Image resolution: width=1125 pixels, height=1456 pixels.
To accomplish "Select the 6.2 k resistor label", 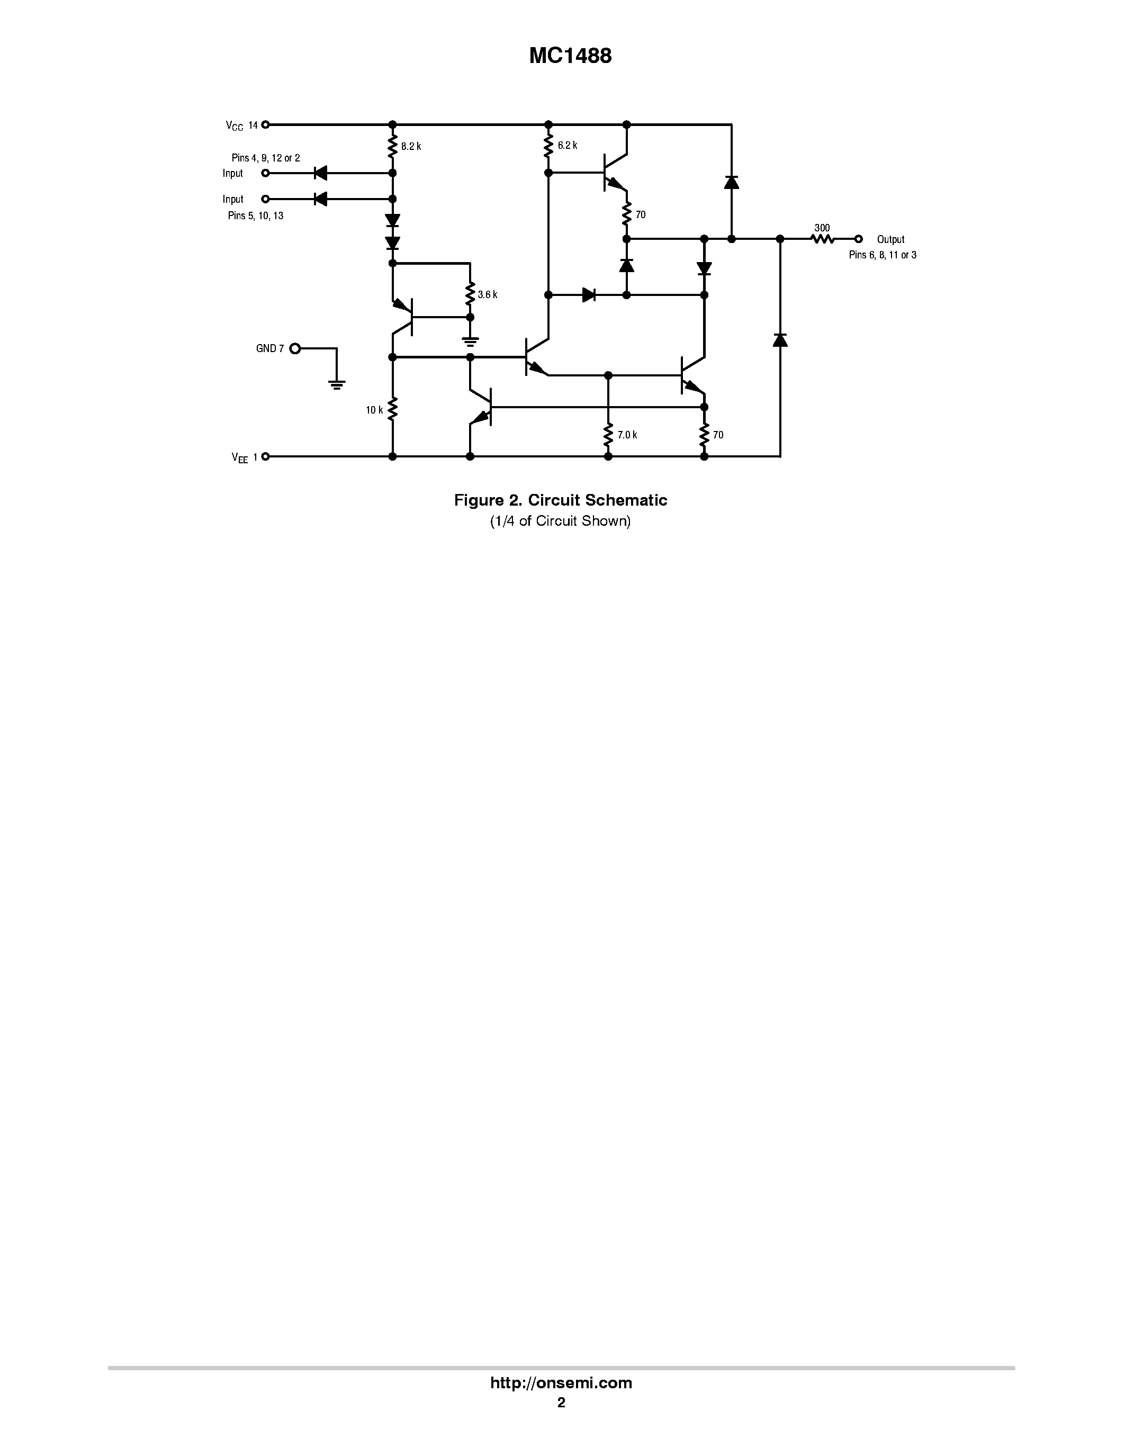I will point(567,145).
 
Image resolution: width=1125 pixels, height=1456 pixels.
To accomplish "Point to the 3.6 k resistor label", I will point(487,295).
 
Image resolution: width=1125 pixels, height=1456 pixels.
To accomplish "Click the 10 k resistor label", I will point(374,410).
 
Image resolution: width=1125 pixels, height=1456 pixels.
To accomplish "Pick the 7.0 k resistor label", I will point(627,435).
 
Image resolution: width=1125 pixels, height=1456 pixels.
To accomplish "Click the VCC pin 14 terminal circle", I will point(265,124).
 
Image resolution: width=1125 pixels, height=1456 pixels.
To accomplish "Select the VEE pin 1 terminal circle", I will point(265,457).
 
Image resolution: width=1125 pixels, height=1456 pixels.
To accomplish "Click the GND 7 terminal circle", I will point(294,348).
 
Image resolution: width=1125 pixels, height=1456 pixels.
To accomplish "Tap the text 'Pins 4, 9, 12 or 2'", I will point(265,158).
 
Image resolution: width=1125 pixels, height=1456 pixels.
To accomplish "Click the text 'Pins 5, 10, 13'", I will point(255,216).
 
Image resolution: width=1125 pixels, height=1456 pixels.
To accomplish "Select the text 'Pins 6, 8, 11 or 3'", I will point(882,255).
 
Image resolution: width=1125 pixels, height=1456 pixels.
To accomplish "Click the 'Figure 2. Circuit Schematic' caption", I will point(561,500).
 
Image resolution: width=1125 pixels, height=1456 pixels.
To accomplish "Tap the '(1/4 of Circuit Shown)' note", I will point(561,520).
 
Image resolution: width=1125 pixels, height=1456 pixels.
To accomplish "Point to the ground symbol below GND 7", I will point(337,384).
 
